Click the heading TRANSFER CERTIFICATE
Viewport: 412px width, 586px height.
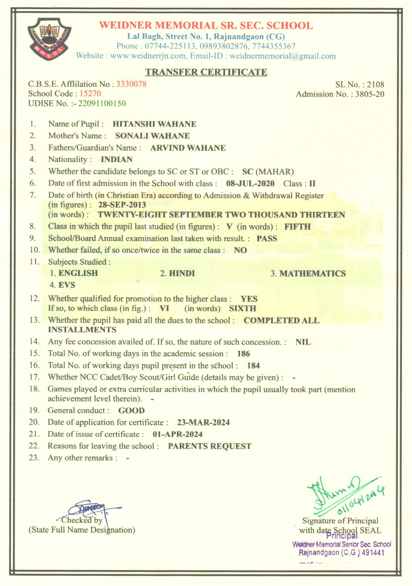coord(206,72)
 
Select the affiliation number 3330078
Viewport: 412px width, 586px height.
coord(131,84)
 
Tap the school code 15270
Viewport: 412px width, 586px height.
coord(90,93)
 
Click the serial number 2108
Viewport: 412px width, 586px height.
coord(375,85)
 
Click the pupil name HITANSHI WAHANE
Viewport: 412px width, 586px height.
coord(154,124)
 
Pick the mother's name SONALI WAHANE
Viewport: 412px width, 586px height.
coord(152,136)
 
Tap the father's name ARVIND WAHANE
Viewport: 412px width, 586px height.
coord(188,148)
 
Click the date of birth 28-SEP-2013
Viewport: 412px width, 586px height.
coord(122,205)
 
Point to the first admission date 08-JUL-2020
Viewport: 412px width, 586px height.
coord(250,183)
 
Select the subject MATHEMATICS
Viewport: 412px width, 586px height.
coord(312,274)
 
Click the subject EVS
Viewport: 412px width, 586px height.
coord(67,285)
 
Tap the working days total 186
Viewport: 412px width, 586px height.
coord(243,354)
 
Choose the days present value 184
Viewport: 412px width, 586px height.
coord(253,366)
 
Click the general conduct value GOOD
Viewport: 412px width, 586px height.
coord(131,411)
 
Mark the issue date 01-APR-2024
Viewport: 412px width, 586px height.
coord(177,434)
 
